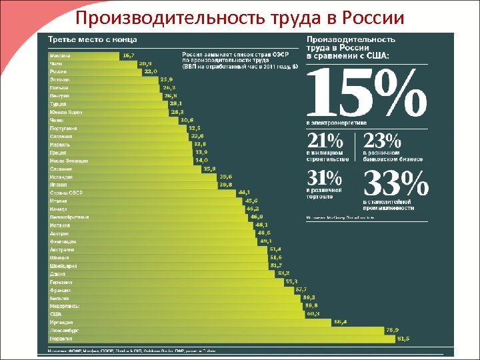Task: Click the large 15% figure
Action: (365, 93)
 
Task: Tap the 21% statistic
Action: (325, 141)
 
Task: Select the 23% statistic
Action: (383, 141)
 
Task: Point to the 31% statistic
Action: (325, 178)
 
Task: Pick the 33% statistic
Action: (395, 182)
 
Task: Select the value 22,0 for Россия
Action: (151, 71)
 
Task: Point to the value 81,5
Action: (403, 338)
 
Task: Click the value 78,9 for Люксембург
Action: (393, 330)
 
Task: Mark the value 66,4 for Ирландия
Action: (340, 322)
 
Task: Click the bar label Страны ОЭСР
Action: (65, 193)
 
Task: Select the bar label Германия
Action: (61, 281)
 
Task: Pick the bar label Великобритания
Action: (69, 217)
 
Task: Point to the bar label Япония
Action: (59, 185)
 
